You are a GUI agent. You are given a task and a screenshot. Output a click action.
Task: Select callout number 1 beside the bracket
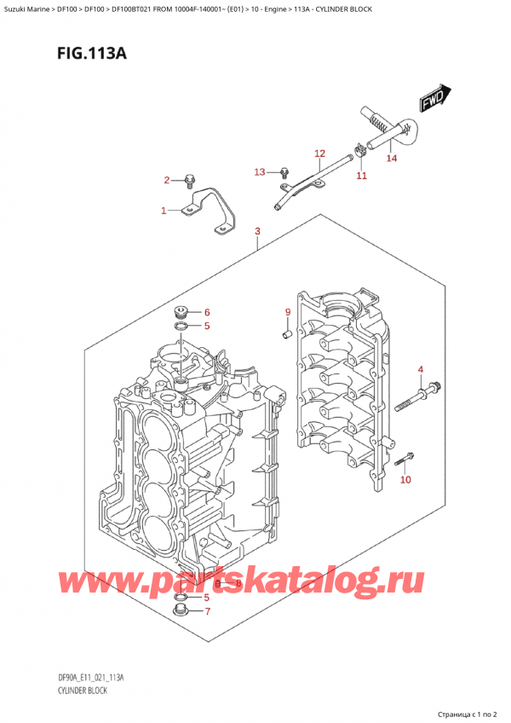click(x=165, y=210)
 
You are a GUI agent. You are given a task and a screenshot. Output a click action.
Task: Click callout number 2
click(x=168, y=180)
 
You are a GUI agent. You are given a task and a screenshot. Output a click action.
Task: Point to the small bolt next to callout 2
click(x=190, y=180)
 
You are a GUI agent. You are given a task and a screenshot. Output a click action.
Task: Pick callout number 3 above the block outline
click(x=257, y=232)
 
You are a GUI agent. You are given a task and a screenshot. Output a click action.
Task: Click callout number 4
click(x=420, y=369)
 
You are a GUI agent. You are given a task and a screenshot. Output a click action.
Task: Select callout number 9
click(x=288, y=312)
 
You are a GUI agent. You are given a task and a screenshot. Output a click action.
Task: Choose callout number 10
click(x=405, y=480)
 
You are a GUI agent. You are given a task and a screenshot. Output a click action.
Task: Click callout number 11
click(x=361, y=176)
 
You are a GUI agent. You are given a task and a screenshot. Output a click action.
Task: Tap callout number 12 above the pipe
click(x=319, y=153)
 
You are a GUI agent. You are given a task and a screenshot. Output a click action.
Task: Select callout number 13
click(x=260, y=172)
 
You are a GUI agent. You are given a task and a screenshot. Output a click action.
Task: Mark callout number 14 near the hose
click(x=391, y=158)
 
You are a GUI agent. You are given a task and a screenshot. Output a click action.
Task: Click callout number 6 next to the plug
click(x=206, y=312)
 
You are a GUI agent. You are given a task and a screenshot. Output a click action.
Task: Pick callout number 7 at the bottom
click(x=206, y=611)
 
